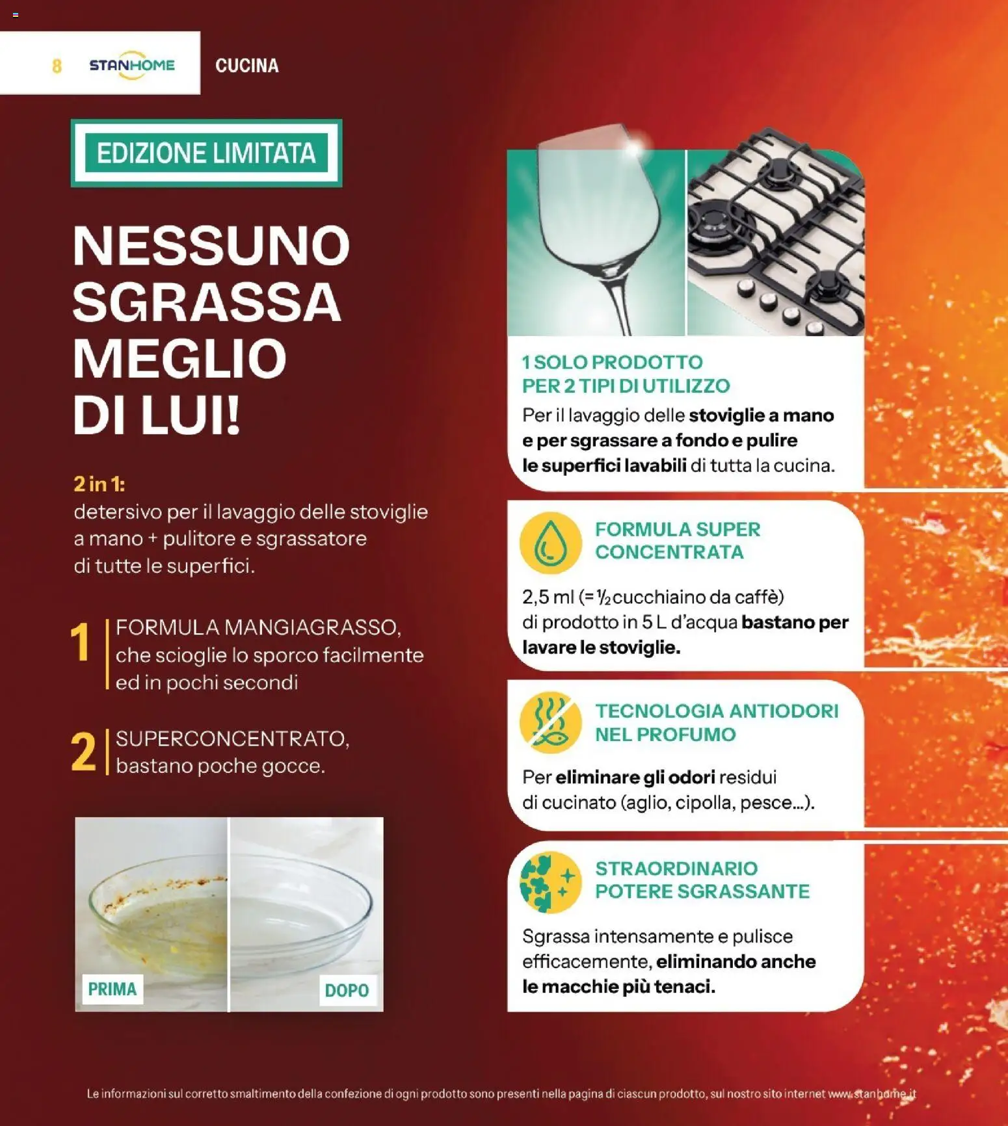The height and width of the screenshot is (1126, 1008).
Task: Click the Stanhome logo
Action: (x=132, y=65)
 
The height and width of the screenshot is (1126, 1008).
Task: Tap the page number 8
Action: (x=57, y=66)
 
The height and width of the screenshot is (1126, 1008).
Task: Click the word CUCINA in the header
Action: (x=246, y=66)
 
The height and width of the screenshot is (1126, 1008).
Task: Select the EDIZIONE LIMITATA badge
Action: (x=206, y=153)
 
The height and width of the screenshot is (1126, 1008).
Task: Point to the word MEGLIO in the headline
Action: (x=179, y=359)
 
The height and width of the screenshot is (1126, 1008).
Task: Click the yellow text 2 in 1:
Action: (x=99, y=484)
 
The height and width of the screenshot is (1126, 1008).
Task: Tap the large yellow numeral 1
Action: (x=81, y=642)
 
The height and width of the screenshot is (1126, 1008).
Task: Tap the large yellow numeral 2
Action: (x=83, y=753)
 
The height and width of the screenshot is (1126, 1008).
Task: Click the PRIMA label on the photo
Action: (x=113, y=989)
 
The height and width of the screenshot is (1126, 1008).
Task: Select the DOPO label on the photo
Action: (x=347, y=990)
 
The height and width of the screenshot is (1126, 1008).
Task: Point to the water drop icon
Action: (x=550, y=543)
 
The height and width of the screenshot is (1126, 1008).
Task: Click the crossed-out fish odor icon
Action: (x=550, y=722)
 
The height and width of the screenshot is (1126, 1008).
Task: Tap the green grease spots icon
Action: (x=550, y=882)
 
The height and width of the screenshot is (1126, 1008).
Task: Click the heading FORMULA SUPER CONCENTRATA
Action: (x=677, y=540)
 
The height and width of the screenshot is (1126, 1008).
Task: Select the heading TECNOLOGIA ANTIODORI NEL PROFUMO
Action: (x=717, y=722)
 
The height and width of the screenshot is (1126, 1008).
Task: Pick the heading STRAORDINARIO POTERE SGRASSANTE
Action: (x=702, y=880)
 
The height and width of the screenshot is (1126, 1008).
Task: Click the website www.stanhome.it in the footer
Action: (x=872, y=1093)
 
